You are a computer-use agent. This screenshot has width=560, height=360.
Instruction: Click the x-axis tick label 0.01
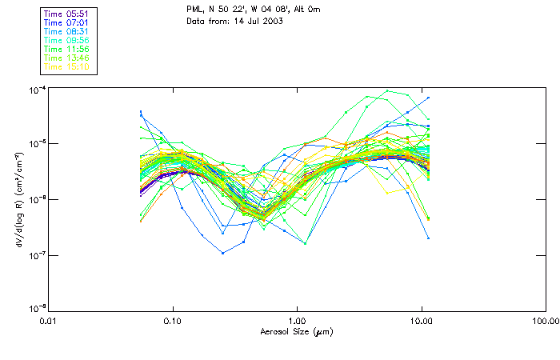coord(49,321)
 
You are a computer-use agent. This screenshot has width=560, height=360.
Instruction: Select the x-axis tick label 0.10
coord(173,321)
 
